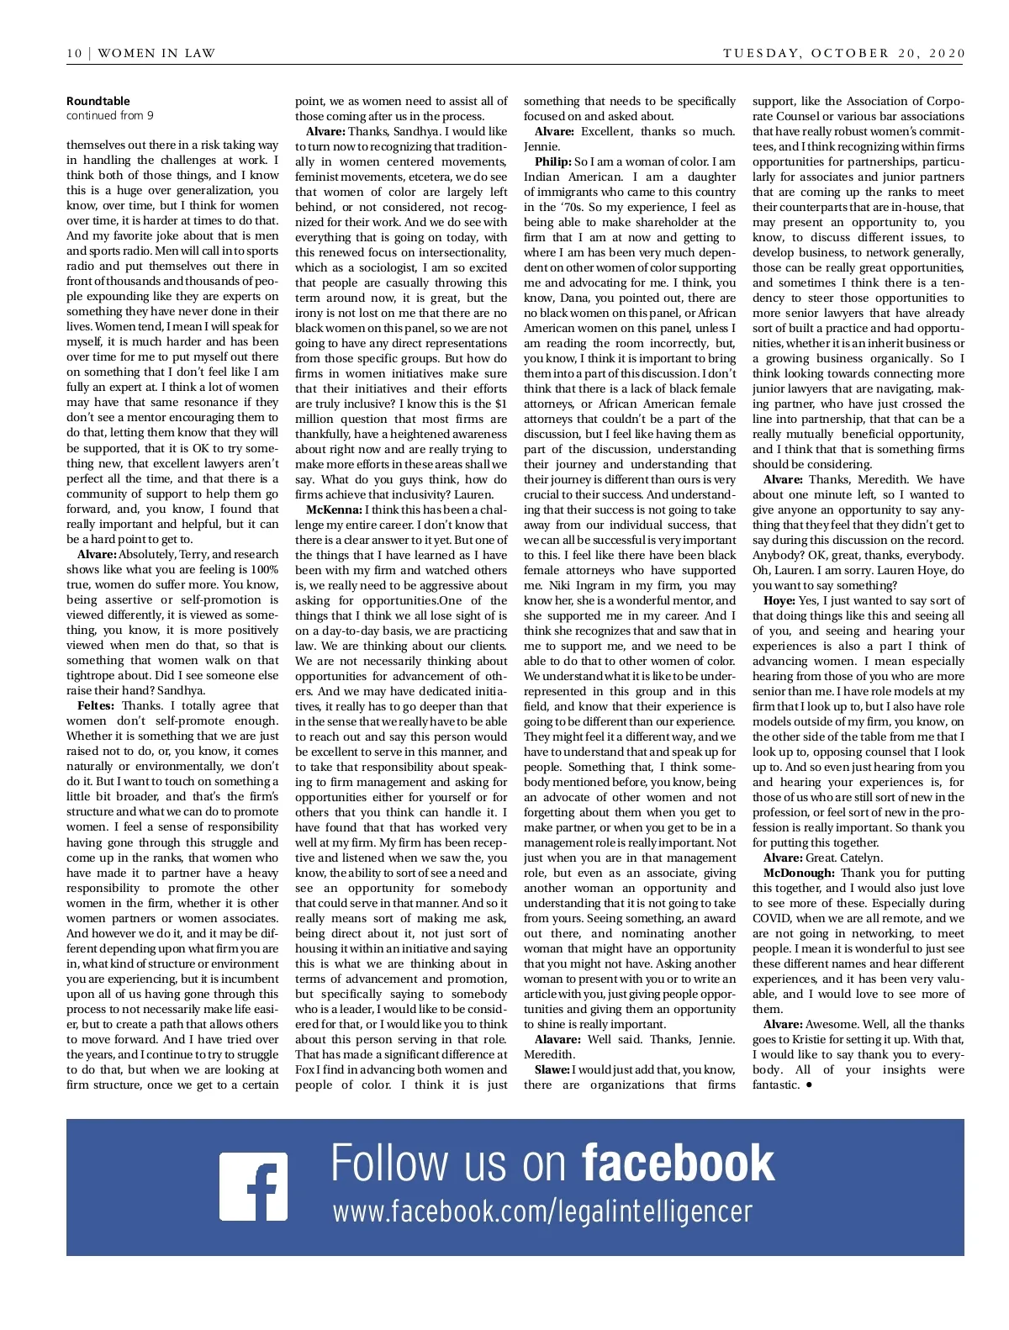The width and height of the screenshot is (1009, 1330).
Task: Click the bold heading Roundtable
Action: (x=98, y=101)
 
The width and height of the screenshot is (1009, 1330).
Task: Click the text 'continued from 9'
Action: (x=110, y=116)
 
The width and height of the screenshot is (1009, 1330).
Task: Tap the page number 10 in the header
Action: (x=74, y=53)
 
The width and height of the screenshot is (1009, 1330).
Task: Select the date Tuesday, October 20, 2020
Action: (x=843, y=53)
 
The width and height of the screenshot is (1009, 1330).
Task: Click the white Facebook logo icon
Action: (x=253, y=1186)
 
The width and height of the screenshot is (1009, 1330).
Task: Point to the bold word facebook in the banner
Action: (x=678, y=1164)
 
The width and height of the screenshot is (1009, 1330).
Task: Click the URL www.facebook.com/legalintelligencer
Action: (x=542, y=1211)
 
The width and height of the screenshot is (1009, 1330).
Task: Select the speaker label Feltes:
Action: (x=96, y=706)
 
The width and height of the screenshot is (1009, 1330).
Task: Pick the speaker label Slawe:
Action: (x=552, y=1069)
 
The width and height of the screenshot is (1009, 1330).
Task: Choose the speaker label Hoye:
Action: (x=779, y=600)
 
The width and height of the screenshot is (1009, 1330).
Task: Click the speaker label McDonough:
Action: (x=798, y=873)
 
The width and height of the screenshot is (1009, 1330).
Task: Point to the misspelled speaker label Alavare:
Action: (x=557, y=1039)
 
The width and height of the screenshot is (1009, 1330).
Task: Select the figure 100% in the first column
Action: (x=264, y=570)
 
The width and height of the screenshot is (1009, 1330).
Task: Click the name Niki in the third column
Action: (x=560, y=585)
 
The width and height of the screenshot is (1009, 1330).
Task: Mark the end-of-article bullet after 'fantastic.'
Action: (x=809, y=1085)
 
